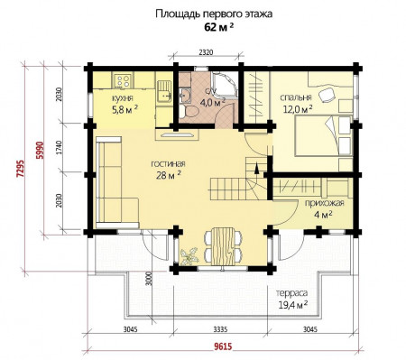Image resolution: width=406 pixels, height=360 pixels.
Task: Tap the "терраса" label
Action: tap(293, 294)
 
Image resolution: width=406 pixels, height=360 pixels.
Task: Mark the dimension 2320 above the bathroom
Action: tap(207, 56)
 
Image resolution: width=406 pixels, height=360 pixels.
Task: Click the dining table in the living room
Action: tap(222, 244)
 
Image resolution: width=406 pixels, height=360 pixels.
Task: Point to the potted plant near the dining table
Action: tap(189, 254)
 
